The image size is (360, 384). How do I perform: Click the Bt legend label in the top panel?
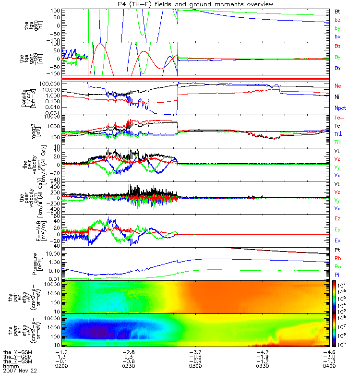337,11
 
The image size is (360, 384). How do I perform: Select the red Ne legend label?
338,86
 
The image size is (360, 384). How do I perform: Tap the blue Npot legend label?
340,108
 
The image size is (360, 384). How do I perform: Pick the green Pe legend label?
338,266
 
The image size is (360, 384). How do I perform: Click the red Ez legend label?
338,218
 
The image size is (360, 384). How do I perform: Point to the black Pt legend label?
337,251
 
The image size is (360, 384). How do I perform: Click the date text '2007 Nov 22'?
20,371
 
